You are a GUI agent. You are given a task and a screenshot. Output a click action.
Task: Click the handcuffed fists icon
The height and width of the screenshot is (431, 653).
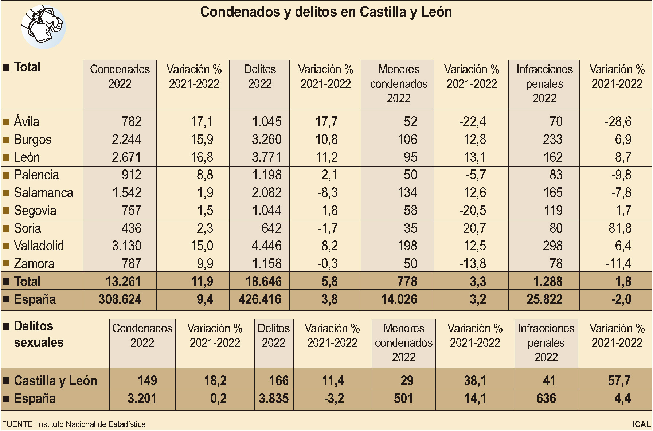coord(43,27)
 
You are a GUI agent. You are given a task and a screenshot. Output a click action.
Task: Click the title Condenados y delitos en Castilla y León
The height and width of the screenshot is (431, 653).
coord(326,12)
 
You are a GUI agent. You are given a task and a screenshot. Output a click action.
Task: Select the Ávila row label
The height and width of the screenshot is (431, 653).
coord(26,121)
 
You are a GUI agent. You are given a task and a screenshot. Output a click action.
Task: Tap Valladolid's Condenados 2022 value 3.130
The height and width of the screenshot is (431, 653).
coord(126,246)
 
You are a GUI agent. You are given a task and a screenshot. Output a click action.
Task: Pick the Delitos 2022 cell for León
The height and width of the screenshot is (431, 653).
coord(266,157)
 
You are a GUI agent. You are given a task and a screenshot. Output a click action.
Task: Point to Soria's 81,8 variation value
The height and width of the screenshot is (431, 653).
coord(620,228)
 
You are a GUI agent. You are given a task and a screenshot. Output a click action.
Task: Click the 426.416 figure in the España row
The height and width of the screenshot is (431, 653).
coord(260,299)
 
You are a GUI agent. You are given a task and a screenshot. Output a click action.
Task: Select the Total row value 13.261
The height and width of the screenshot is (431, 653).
coord(123,282)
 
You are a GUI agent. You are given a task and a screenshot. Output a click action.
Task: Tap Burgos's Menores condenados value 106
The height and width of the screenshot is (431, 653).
coord(407,140)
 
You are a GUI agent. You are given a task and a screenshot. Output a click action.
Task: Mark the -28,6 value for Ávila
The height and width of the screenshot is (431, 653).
coord(618,122)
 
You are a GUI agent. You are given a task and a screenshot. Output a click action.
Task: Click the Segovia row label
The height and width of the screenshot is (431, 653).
coord(35,211)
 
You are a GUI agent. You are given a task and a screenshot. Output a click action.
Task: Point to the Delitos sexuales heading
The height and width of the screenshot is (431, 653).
coord(38,334)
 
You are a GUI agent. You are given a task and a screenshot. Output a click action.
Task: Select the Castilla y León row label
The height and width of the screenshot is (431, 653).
coord(55,381)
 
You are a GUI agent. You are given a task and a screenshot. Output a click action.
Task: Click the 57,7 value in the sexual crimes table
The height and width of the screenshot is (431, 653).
coord(619,381)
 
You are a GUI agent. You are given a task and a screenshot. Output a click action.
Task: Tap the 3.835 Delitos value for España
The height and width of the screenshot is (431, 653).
coord(274,399)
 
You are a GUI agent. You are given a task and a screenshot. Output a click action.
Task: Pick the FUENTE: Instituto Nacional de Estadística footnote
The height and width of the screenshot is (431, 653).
coord(74,424)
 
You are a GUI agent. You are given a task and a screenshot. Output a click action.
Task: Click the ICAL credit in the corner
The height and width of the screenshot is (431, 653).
coord(641,424)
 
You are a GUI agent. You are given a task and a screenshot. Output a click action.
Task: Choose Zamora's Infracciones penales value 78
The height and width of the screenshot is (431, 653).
coord(556,264)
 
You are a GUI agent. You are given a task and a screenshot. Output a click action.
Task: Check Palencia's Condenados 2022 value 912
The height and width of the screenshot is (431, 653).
coord(131,175)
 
